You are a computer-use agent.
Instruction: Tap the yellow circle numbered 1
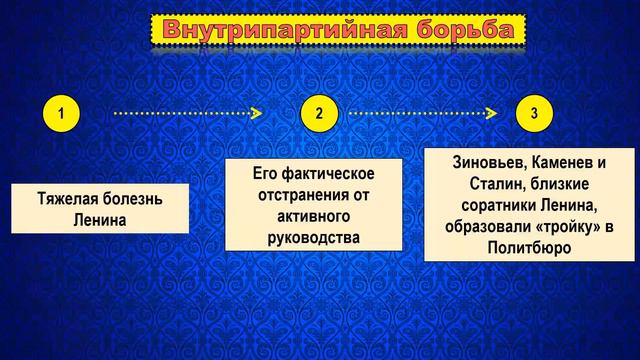61,114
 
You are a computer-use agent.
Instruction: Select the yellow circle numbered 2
319,114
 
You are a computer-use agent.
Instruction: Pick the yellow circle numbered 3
534,114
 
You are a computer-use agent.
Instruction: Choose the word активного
306,216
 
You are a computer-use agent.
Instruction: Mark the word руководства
306,237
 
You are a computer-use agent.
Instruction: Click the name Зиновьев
478,163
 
